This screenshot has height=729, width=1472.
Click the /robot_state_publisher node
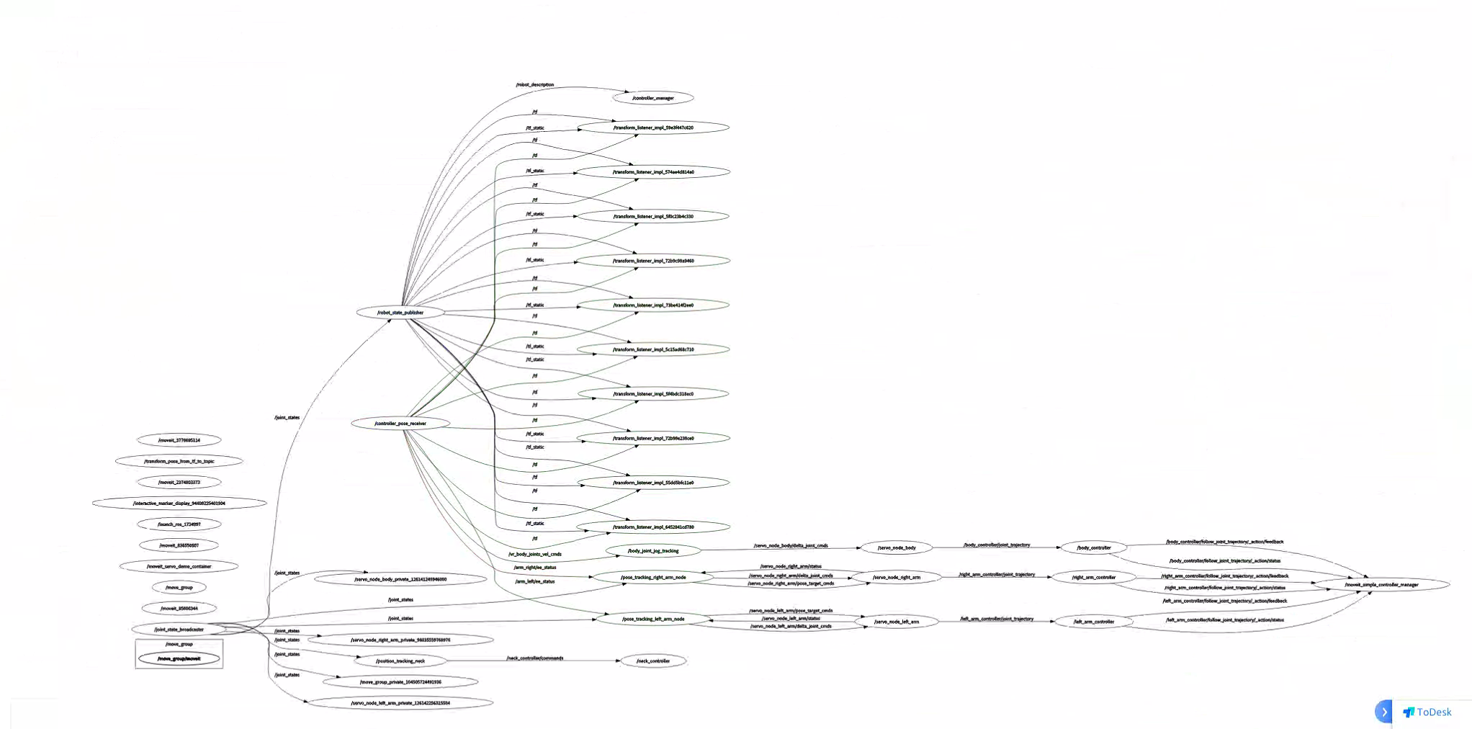(x=400, y=313)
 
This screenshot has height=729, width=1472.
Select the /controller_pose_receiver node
(x=400, y=424)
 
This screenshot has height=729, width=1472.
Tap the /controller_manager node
(x=653, y=98)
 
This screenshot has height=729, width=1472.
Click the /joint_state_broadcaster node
(x=179, y=630)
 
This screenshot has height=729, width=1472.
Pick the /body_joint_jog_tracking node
(x=653, y=551)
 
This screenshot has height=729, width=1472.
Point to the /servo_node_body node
(x=897, y=548)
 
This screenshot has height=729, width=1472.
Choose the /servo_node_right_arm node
(x=897, y=577)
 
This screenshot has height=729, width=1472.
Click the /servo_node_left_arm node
(x=897, y=622)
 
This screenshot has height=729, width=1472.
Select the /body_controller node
(x=1093, y=548)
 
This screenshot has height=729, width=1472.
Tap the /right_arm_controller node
(x=1093, y=577)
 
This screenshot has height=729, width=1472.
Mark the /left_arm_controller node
(x=1093, y=622)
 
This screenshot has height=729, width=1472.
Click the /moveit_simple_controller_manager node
(x=1381, y=585)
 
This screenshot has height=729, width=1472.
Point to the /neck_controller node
(x=653, y=661)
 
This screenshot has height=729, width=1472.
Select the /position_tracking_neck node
(x=400, y=661)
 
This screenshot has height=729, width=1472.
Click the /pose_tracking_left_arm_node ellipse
(x=653, y=619)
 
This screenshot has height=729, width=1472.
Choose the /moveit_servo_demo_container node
(x=179, y=566)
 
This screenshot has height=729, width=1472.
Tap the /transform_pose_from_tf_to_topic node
(x=179, y=461)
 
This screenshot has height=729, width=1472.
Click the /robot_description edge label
(x=535, y=85)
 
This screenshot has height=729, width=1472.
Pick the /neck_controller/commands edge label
(x=535, y=658)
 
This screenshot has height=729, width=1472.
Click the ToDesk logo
(x=1427, y=712)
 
